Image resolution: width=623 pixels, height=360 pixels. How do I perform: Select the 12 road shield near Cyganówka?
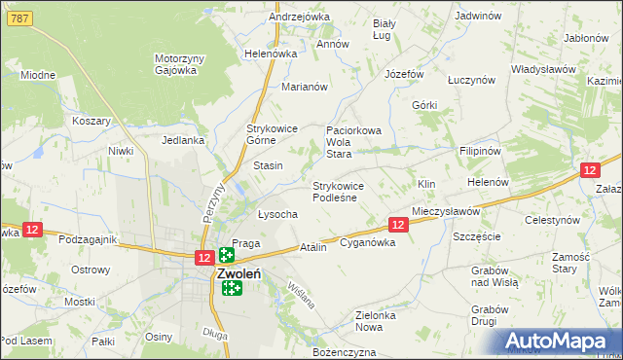click(x=397, y=225)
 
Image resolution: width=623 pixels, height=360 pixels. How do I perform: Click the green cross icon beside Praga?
click(x=226, y=255)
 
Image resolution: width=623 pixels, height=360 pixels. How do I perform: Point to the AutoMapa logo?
click(x=561, y=341)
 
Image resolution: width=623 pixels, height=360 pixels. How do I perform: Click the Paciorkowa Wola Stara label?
click(x=352, y=141)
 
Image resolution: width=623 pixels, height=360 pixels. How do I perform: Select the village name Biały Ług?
click(x=386, y=29)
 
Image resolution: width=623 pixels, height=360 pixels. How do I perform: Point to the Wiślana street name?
click(x=302, y=295)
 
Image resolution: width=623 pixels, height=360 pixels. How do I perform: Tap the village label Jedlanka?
click(x=183, y=140)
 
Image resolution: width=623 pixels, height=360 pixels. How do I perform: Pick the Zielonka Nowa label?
click(x=381, y=321)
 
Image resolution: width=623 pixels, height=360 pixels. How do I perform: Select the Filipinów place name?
click(x=480, y=152)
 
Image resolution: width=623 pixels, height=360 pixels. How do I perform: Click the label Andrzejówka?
click(x=272, y=18)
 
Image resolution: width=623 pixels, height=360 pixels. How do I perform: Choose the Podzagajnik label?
click(x=88, y=239)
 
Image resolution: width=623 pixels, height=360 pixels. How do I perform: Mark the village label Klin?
click(x=425, y=184)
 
